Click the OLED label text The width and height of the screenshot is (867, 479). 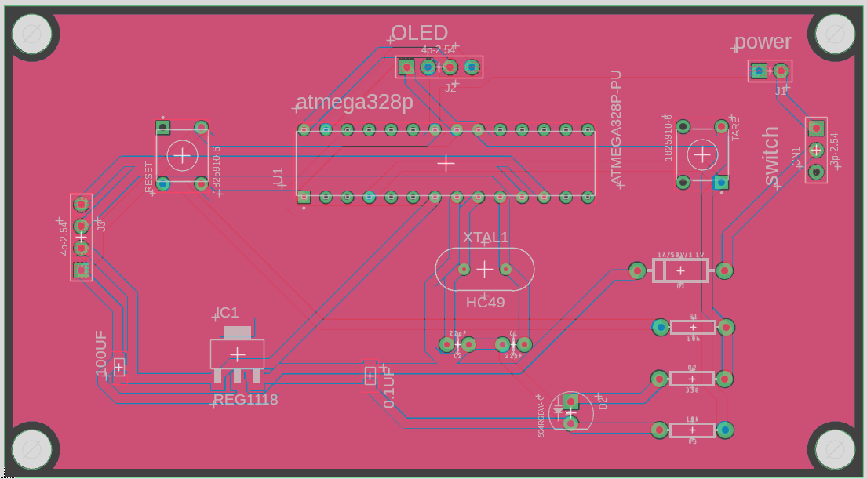(x=420, y=33)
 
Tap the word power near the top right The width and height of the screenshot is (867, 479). (x=763, y=42)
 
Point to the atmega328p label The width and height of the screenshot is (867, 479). (x=355, y=103)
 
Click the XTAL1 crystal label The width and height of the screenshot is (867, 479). (x=486, y=238)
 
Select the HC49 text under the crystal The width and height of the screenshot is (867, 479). (x=486, y=302)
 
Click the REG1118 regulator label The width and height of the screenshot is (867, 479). (x=246, y=400)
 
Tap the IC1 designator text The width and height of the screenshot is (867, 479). (x=228, y=313)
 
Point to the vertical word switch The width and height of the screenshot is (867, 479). (x=770, y=157)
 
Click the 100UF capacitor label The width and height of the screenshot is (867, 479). (x=101, y=354)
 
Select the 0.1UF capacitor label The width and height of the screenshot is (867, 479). (x=388, y=387)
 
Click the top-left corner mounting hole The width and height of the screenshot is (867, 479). (x=32, y=34)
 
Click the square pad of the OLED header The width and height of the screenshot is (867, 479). (x=406, y=67)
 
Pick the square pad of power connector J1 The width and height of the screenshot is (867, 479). (x=758, y=71)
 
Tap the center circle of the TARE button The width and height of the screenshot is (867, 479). (x=702, y=154)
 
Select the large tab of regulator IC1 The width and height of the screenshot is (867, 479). (x=237, y=332)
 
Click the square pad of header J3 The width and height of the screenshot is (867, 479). (x=81, y=270)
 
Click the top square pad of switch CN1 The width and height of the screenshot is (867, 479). (x=816, y=127)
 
